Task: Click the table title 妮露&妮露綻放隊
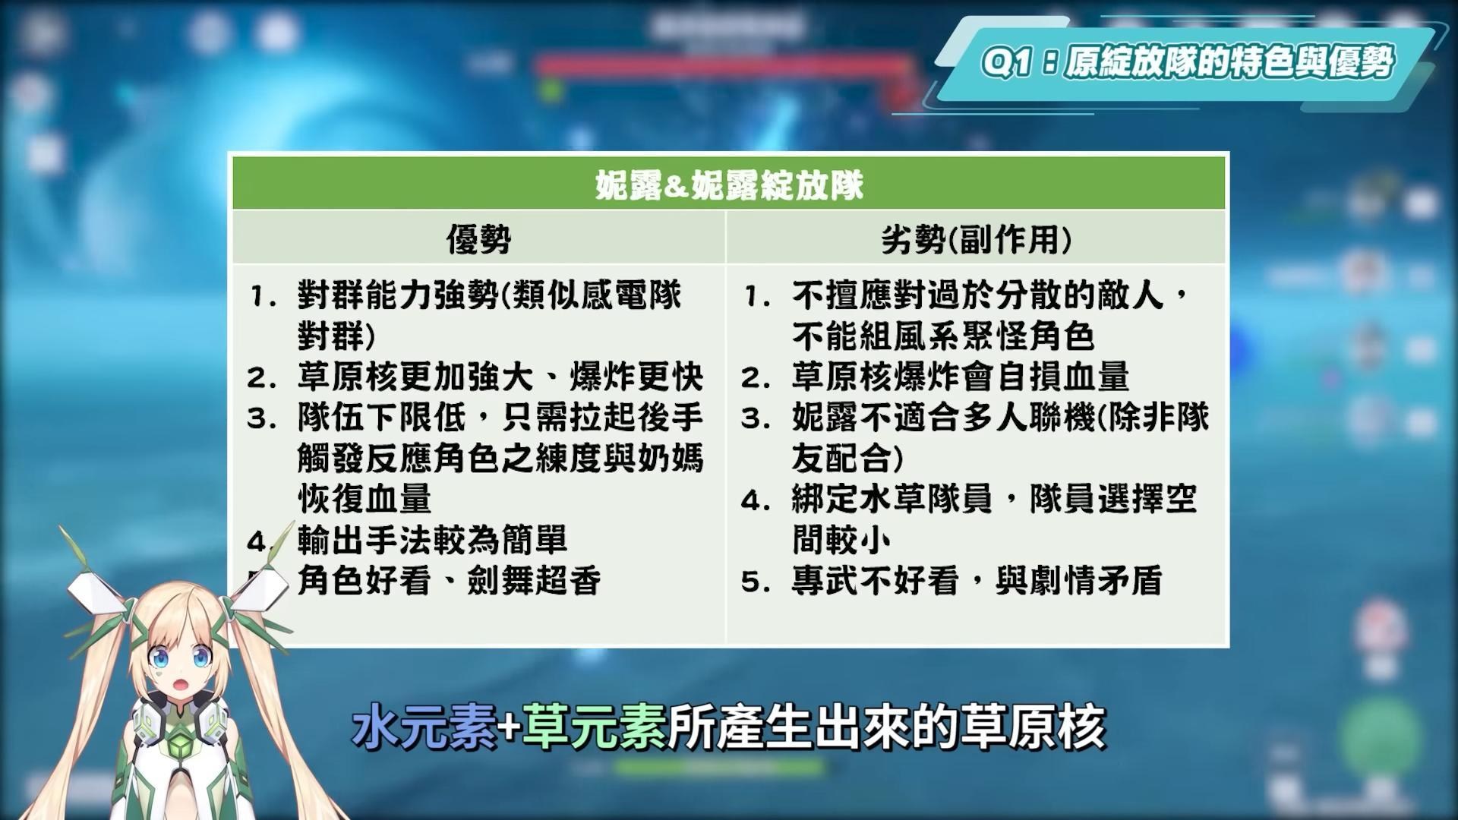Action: click(729, 184)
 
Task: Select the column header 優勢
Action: click(478, 240)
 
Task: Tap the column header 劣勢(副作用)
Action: click(977, 240)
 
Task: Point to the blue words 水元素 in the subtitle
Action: click(425, 727)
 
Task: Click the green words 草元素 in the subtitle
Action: click(595, 727)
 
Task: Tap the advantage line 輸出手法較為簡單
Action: click(433, 540)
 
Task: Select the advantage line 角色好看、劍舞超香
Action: click(450, 581)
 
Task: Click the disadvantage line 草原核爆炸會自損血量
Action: click(961, 376)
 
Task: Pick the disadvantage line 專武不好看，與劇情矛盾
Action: click(977, 581)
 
